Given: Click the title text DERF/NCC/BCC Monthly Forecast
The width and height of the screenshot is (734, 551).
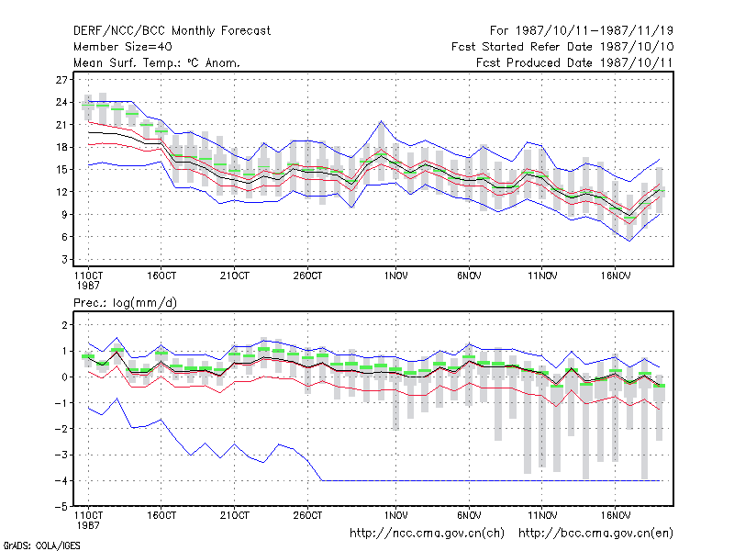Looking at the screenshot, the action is [172, 31].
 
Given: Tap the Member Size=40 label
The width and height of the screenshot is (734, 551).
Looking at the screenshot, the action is [123, 47].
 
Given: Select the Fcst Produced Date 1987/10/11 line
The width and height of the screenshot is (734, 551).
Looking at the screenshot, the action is [574, 62].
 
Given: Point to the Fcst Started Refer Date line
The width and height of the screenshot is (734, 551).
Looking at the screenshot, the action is [562, 47].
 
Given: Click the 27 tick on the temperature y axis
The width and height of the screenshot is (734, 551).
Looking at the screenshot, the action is [61, 80].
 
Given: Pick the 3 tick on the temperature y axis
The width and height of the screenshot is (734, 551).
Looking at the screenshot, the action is [64, 259].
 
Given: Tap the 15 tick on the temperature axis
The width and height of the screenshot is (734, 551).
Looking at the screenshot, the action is [61, 170].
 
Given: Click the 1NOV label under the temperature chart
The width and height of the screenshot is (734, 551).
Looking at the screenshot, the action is [396, 276].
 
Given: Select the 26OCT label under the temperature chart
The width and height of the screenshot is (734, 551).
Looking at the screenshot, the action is [307, 276].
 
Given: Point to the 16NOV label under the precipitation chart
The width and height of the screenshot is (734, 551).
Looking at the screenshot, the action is [615, 515].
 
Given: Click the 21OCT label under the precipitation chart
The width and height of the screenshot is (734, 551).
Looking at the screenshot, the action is [235, 515].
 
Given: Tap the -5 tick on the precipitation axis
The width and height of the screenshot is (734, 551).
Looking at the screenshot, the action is [61, 507].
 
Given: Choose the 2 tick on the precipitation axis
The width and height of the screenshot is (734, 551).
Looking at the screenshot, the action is [64, 325].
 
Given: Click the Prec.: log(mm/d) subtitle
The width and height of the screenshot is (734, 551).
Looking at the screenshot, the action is [125, 303].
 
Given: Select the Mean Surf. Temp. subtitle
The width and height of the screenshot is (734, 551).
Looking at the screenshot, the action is [157, 62].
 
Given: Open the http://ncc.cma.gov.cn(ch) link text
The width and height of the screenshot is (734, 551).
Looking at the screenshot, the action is [427, 534].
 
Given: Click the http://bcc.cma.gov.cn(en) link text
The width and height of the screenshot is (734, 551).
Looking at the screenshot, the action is [595, 534].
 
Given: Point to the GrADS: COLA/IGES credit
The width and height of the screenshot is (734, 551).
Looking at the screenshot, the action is [41, 545].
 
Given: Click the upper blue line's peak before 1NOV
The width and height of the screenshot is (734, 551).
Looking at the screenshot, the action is [382, 121].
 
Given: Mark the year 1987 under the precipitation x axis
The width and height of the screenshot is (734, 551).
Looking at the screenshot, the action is [88, 525].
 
